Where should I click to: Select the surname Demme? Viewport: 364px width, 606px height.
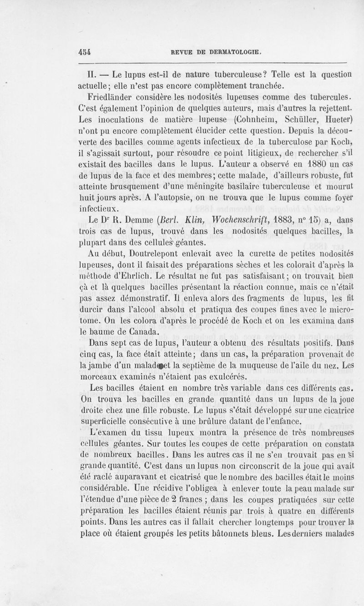point(135,220)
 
